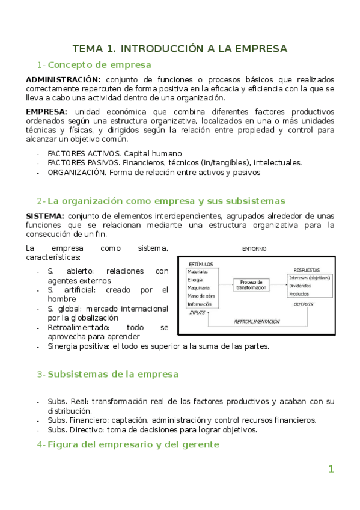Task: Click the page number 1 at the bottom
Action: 331,469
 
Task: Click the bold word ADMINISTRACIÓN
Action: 63,79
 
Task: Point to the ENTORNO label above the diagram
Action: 255,248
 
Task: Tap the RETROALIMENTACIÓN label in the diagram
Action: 257,322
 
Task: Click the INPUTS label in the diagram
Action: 198,313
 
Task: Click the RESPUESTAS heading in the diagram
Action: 307,269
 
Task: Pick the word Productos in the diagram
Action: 300,294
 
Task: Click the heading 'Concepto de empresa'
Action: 99,65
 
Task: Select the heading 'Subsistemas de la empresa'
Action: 112,374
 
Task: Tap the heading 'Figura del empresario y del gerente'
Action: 133,444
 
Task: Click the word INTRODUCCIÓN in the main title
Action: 171,48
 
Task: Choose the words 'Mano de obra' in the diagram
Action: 202,296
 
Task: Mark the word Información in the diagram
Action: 200,304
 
